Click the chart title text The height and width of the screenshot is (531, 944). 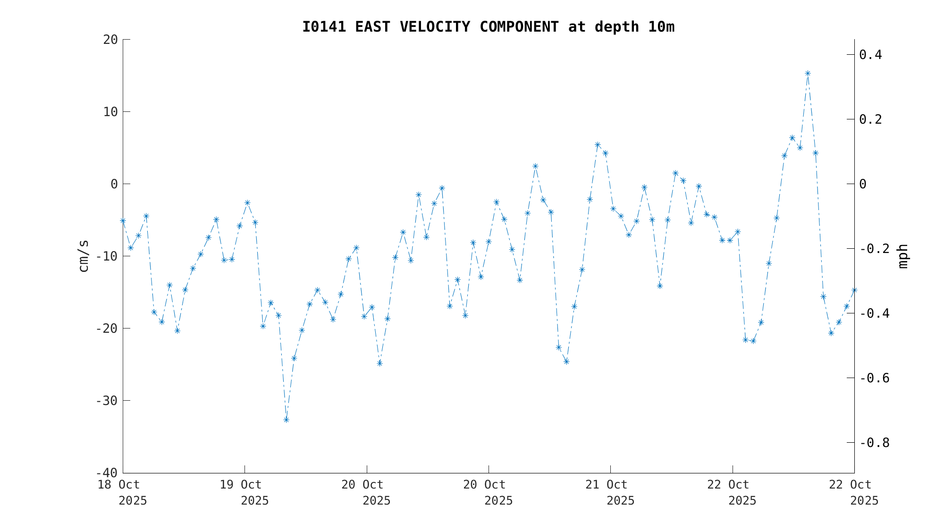point(488,27)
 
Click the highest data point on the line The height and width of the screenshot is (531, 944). point(808,73)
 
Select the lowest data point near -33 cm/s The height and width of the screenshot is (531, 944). point(286,420)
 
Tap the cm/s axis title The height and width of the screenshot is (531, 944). point(84,256)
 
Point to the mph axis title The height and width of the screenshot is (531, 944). point(902,256)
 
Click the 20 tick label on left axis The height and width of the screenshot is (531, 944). point(110,40)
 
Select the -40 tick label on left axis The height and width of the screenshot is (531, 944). point(107,473)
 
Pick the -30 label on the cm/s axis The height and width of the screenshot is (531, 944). point(107,401)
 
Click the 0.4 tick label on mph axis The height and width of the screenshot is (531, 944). point(870,55)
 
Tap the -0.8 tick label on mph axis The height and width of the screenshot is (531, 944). point(874,443)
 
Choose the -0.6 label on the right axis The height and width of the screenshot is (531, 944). point(874,378)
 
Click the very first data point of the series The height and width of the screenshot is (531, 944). point(123,220)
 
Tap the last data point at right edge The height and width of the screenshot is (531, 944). point(854,290)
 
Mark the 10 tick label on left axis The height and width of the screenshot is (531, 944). point(110,112)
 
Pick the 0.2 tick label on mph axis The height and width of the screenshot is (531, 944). point(870,119)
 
